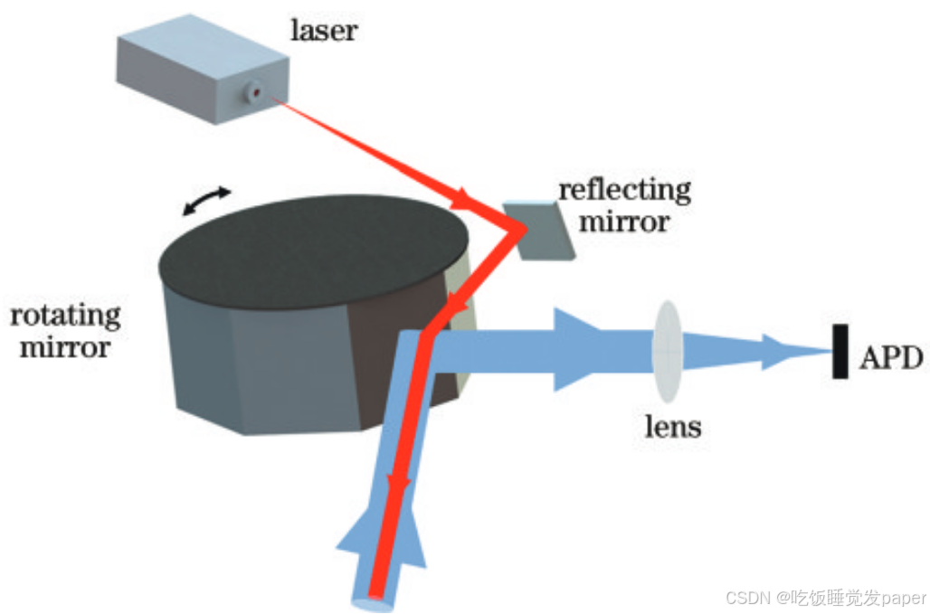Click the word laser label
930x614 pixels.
pos(323,30)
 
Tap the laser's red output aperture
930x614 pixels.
pos(256,92)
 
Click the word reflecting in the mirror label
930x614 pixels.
pos(624,191)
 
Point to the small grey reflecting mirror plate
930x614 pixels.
pos(540,231)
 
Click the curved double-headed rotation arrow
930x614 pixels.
pos(207,201)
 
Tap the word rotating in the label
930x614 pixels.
pos(65,316)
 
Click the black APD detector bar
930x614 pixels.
pos(840,352)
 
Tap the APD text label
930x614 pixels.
pos(890,359)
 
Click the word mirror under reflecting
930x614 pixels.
pos(624,220)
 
